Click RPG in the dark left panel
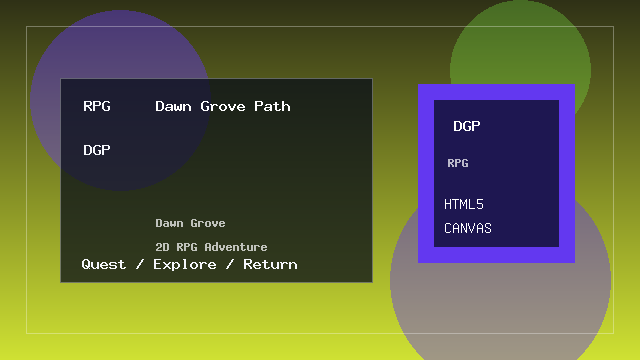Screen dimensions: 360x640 coord(97,106)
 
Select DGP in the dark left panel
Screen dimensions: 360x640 coord(97,150)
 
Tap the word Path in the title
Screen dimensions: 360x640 coord(272,106)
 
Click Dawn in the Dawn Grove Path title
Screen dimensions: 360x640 coord(174,106)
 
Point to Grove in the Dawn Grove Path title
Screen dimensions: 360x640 coord(224,106)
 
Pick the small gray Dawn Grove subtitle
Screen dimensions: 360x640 coord(190,223)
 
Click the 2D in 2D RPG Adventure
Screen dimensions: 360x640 coord(162,247)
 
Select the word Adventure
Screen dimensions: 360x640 coord(236,247)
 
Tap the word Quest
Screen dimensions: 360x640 coord(104,264)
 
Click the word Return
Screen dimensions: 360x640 coord(270,264)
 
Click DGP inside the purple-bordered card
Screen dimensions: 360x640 coord(467,126)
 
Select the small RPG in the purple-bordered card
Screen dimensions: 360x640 coord(458,163)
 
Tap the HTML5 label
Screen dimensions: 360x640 coord(464,204)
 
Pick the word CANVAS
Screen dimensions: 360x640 coord(468,228)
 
